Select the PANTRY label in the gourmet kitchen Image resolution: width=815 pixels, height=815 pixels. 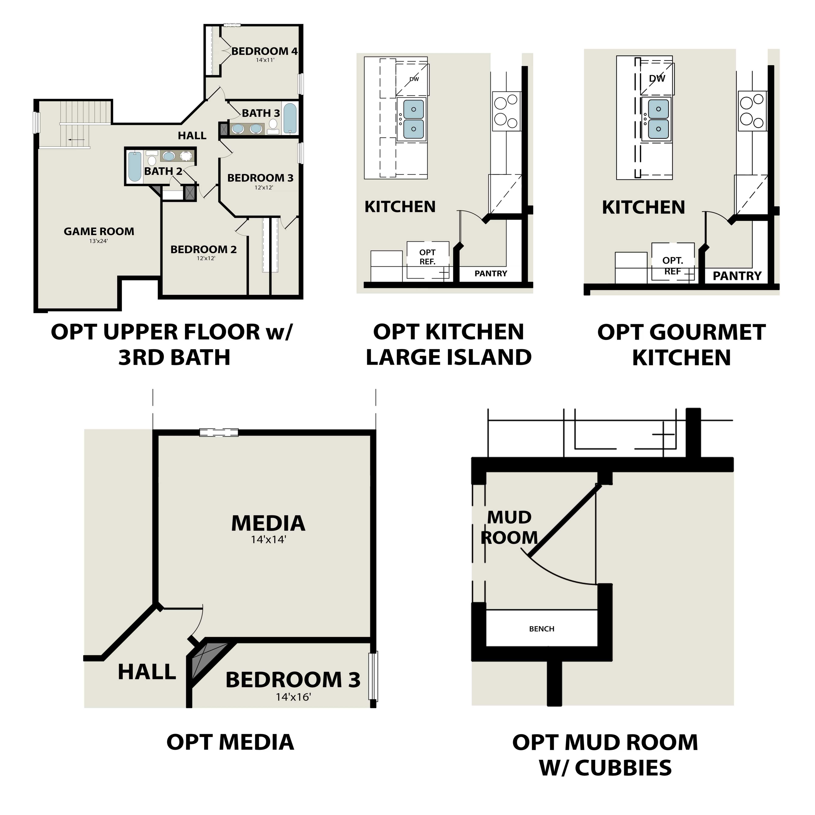point(737,276)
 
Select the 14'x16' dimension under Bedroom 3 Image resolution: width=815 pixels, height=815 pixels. point(293,697)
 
